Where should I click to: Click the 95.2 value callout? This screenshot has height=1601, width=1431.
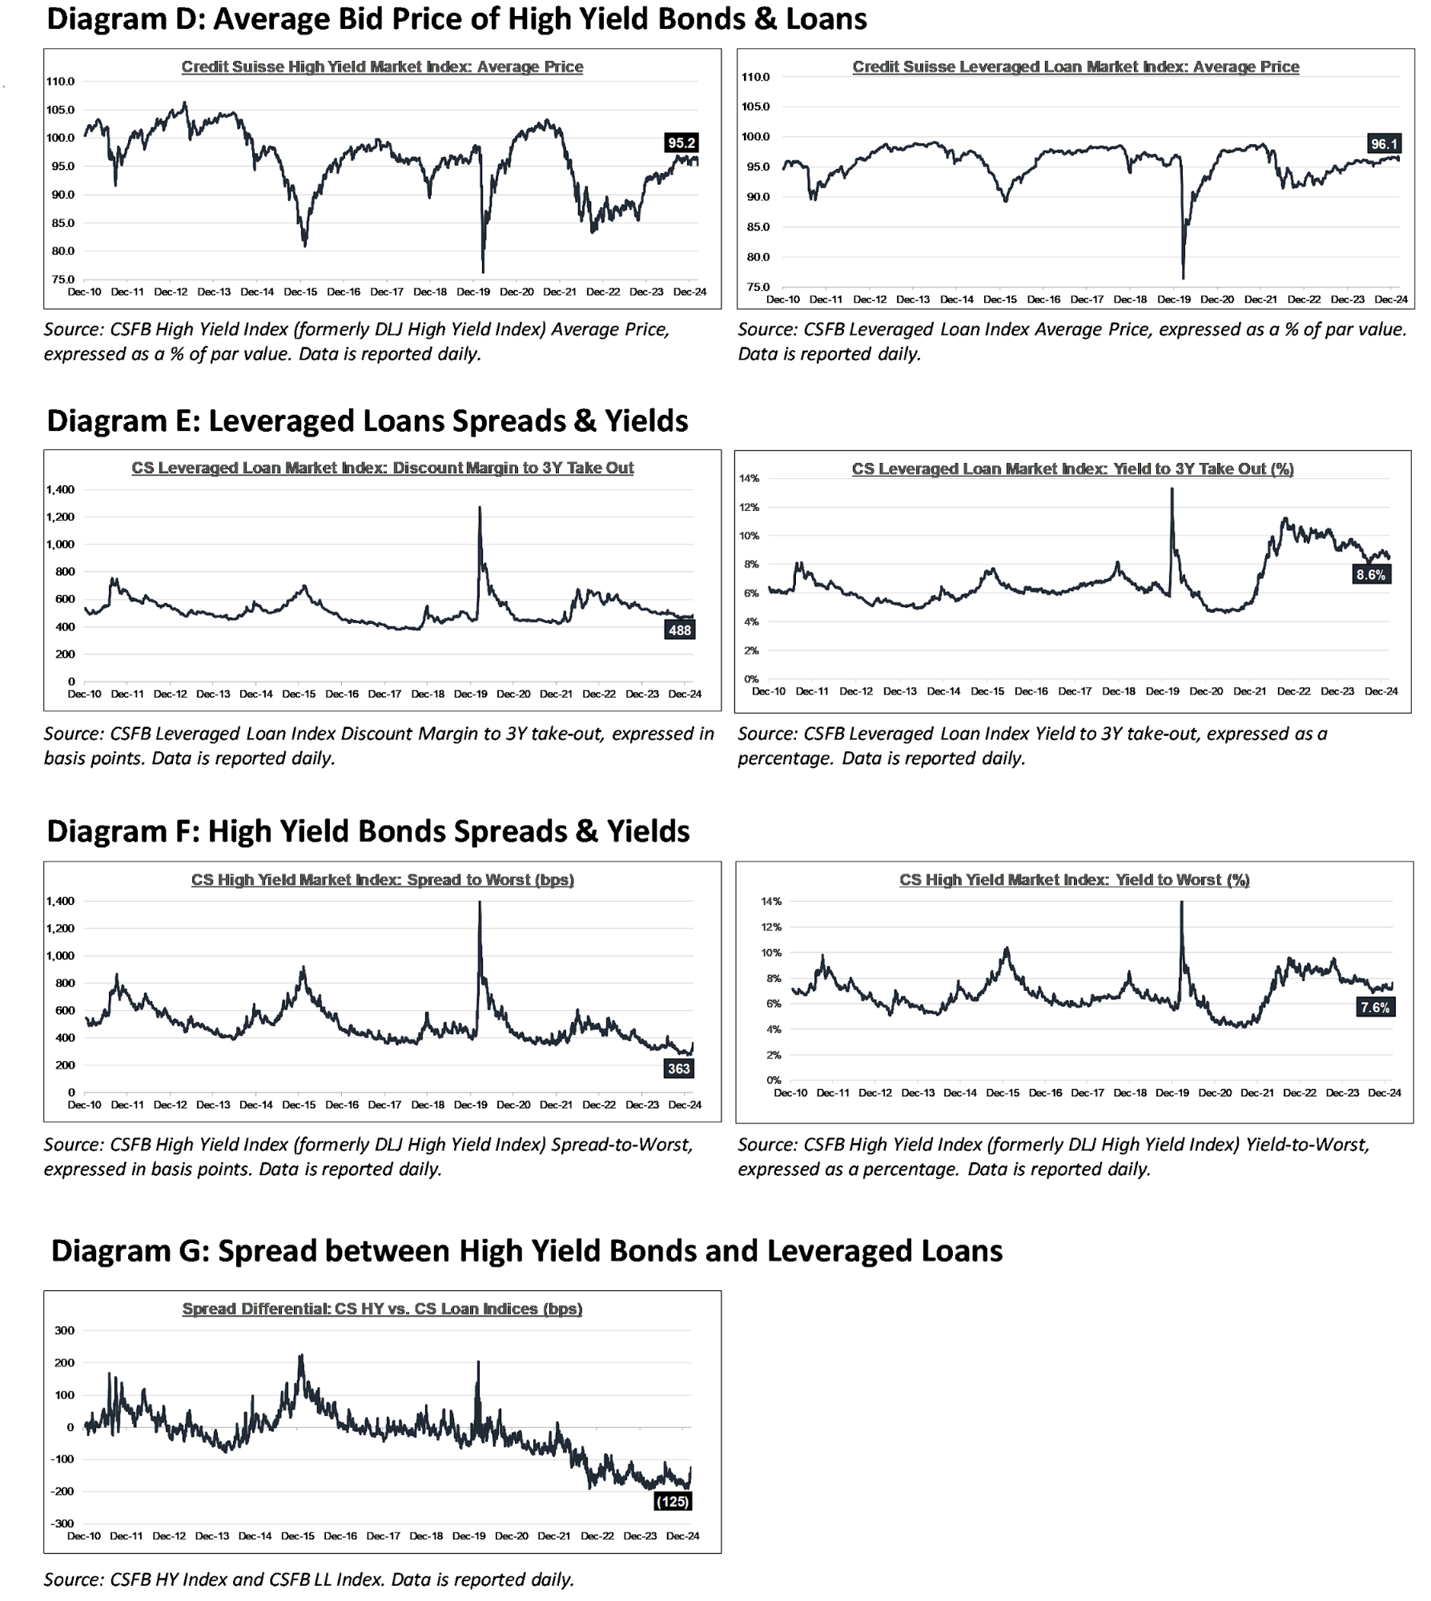point(681,143)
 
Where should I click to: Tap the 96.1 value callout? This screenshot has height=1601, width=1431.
point(1384,144)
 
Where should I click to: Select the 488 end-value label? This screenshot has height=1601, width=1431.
point(679,630)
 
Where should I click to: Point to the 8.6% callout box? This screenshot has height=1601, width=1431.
point(1370,575)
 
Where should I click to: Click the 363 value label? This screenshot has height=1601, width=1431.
point(678,1068)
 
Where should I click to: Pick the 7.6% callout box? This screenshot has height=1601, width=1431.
point(1375,1008)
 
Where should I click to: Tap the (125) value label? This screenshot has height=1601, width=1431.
point(672,1501)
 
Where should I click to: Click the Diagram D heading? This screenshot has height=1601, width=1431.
point(456,19)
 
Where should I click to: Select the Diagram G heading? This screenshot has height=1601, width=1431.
point(527,1251)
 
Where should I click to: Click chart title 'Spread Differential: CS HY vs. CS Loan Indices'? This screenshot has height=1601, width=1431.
point(382,1309)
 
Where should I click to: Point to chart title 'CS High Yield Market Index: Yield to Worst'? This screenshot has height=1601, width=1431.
point(1074,879)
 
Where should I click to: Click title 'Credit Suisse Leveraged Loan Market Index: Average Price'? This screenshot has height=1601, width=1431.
point(1075,66)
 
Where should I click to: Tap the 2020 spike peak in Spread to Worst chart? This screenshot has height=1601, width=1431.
point(480,903)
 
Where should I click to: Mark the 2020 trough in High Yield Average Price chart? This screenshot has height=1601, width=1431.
point(483,272)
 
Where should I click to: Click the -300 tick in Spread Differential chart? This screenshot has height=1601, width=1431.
point(63,1523)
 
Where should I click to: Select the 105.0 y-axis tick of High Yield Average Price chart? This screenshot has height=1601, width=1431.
point(61,110)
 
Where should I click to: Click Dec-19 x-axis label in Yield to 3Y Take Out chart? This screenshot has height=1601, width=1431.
point(1162,691)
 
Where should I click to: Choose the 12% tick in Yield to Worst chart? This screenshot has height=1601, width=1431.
point(772,927)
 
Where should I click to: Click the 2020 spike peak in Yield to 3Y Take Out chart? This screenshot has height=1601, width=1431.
point(1172,489)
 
